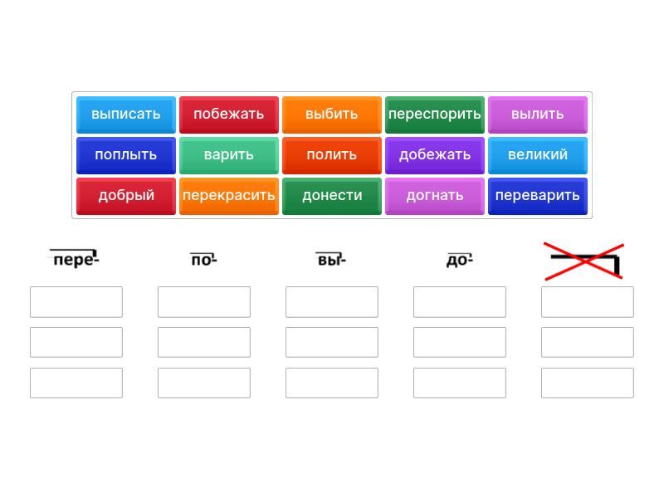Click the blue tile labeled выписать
(126, 115)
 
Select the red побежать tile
(229, 115)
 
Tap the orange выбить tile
(331, 115)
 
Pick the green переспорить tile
(434, 115)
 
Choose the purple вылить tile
(537, 115)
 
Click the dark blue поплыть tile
(126, 155)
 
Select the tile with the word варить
(229, 155)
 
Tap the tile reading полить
(331, 155)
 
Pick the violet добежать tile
(434, 155)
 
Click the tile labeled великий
(537, 155)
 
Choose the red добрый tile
(126, 196)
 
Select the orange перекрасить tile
(229, 196)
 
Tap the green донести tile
(331, 196)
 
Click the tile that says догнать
(434, 196)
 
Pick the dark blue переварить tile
(537, 196)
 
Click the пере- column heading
(75, 259)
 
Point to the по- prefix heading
(203, 259)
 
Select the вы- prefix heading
(331, 259)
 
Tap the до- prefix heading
(460, 259)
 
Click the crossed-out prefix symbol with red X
(584, 261)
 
